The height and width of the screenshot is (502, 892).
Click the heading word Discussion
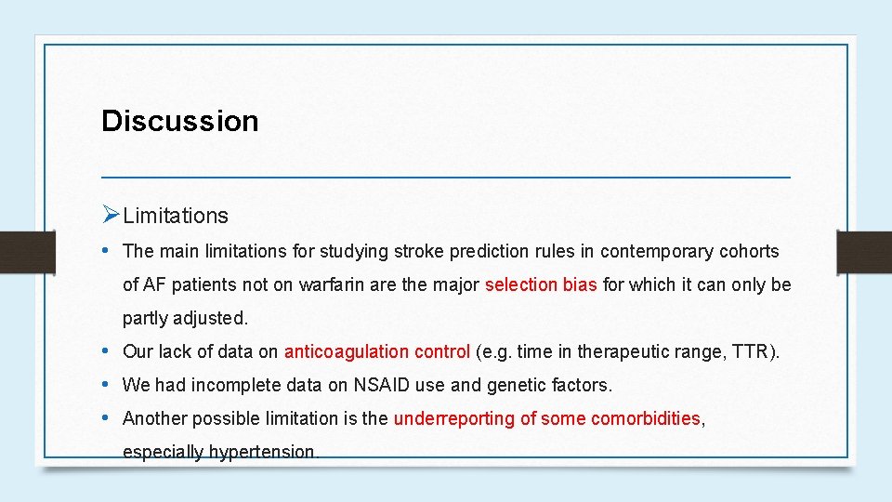179,121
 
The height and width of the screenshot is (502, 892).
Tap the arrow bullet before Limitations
111,216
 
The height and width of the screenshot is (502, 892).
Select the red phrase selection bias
541,284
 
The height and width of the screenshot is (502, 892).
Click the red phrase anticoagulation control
376,351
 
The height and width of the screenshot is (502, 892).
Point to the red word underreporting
453,418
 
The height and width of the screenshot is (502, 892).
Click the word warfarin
332,284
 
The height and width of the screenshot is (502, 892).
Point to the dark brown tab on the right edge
864,251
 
